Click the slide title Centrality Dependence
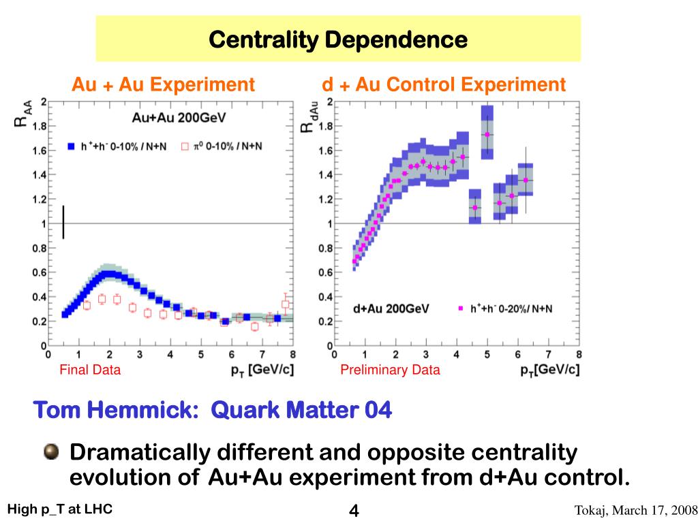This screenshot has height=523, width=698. [338, 39]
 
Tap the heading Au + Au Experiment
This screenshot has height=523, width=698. [164, 84]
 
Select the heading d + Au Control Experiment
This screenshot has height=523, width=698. [444, 84]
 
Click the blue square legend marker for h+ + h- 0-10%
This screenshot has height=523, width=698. [70, 146]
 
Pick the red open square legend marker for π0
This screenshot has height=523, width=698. [184, 146]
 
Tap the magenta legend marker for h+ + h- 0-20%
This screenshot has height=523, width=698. [461, 308]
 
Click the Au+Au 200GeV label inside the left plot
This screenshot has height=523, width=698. [179, 118]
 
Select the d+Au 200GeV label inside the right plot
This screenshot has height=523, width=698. [391, 308]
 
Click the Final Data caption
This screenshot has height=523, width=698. [90, 370]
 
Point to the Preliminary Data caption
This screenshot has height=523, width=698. [390, 370]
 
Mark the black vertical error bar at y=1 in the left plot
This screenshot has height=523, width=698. [63, 222]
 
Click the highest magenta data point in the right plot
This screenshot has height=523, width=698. [487, 134]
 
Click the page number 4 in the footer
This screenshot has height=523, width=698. [354, 510]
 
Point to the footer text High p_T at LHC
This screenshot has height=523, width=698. [60, 509]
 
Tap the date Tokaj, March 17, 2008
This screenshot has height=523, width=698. [635, 510]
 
